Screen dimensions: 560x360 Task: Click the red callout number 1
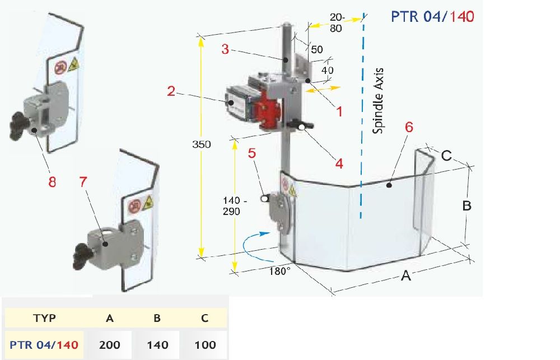coord(339,111)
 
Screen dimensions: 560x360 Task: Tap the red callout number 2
coord(171,91)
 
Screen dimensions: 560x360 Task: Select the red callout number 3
coord(225,49)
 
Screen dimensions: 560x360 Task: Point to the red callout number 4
coord(339,163)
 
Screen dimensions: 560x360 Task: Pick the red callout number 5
coord(252,153)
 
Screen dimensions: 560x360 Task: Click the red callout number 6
coord(409,127)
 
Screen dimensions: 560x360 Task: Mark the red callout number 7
coord(83,182)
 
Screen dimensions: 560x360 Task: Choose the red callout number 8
coord(52,182)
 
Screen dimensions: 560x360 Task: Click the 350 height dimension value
coord(202,144)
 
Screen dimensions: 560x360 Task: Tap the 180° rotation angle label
coord(279,271)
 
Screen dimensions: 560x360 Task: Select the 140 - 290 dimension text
coord(235,205)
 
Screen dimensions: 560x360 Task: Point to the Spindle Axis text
coord(378,101)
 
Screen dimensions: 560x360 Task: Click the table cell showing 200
coord(110,345)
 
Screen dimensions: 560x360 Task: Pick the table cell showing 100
coord(205,345)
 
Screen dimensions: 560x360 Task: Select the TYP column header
coord(44,318)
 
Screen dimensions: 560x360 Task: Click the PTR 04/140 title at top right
coord(432,16)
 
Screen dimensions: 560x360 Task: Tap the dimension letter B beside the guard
coord(467,205)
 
